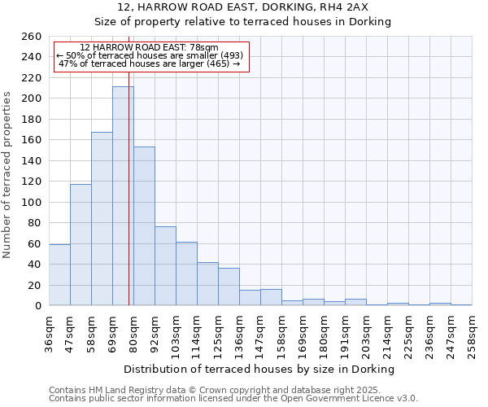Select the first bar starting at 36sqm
point(59,274)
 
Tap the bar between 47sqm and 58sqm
point(81,244)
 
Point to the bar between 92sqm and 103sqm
point(165,265)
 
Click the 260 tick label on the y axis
point(32,37)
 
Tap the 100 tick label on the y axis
point(32,202)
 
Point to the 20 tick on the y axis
point(35,285)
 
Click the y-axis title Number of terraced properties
point(8,174)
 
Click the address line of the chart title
point(242,7)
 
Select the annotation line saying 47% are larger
point(150,63)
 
